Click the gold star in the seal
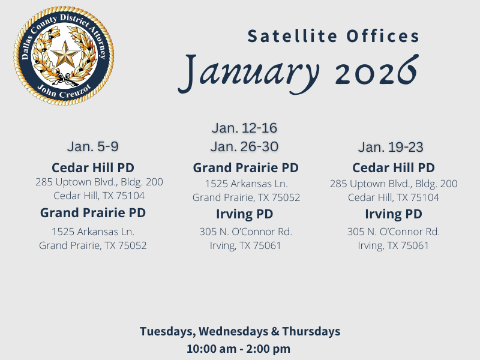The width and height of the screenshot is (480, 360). (x=64, y=56)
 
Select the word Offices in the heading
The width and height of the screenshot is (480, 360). (x=383, y=36)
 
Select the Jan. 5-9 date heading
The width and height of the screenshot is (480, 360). (x=93, y=147)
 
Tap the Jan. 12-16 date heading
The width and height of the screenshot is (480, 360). (x=244, y=128)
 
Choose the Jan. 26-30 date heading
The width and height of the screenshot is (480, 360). (x=244, y=147)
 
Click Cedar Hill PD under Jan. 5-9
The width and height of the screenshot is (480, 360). (x=93, y=167)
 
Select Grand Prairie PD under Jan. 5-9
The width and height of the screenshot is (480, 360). (x=93, y=212)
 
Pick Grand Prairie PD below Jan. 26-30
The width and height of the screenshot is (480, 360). (x=245, y=167)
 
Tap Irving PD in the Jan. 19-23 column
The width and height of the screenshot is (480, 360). (x=393, y=214)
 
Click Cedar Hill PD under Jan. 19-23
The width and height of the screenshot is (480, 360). (x=393, y=167)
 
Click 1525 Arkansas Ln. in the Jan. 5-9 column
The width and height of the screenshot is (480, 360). (x=93, y=231)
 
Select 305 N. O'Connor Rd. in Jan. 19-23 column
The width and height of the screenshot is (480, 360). (x=393, y=232)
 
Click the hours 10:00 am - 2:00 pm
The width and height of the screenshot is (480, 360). (x=239, y=349)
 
